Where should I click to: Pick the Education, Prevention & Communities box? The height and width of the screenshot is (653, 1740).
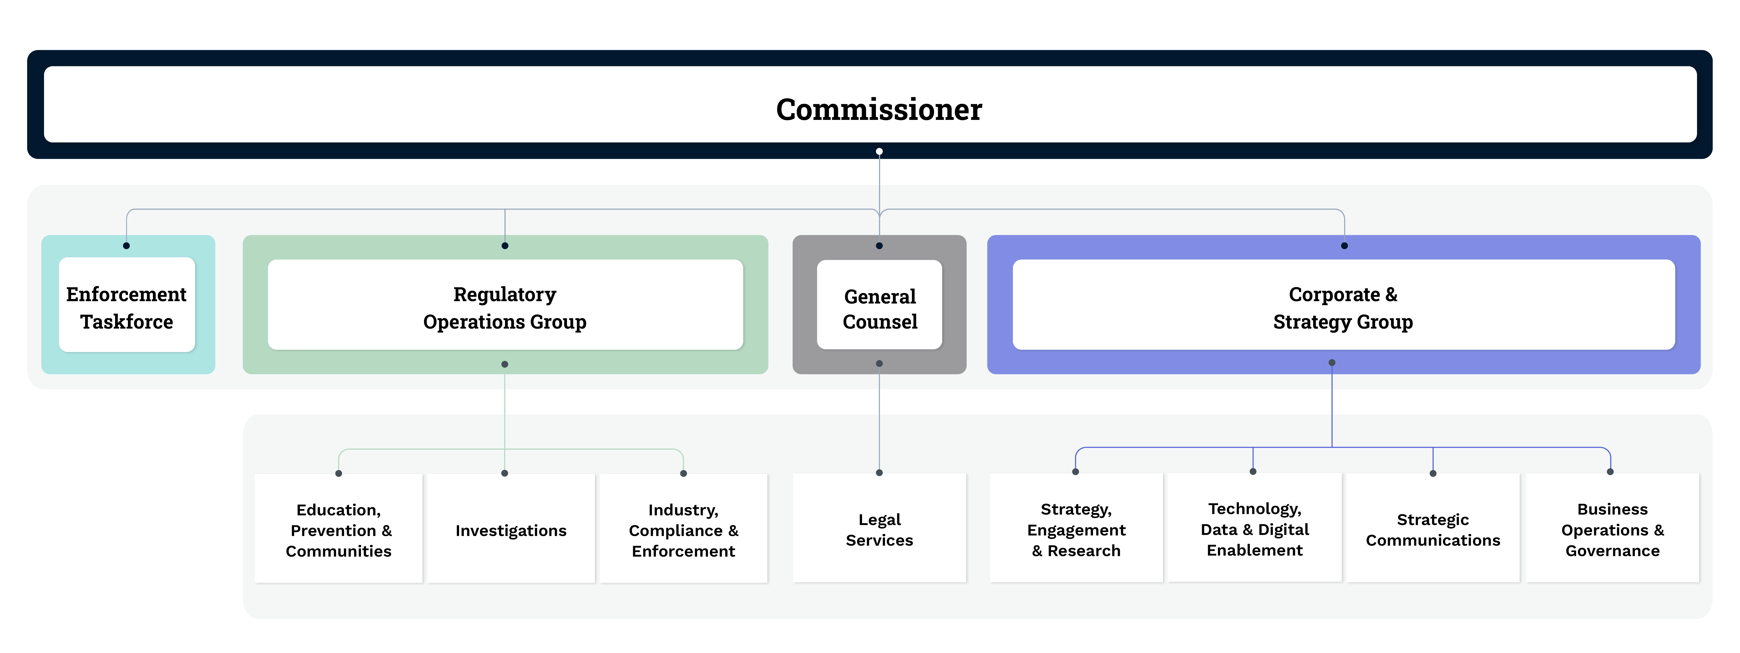pos(339,530)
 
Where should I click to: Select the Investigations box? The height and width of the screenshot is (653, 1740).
pos(511,530)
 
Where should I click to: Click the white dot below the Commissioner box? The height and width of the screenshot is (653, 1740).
pos(879,151)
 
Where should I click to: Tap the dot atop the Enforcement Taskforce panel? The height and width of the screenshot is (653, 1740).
pos(126,245)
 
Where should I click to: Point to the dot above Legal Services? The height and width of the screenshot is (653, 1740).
pos(879,473)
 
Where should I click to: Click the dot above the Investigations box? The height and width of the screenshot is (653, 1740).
pos(504,473)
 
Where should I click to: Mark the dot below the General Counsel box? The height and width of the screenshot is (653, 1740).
pos(879,364)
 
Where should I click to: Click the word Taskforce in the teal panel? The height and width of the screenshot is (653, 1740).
pos(127,322)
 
